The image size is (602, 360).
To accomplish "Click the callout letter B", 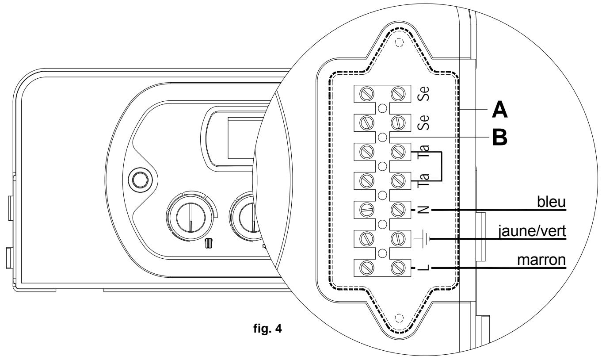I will [500, 137].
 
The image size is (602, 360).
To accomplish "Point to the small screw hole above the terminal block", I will [400, 43].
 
